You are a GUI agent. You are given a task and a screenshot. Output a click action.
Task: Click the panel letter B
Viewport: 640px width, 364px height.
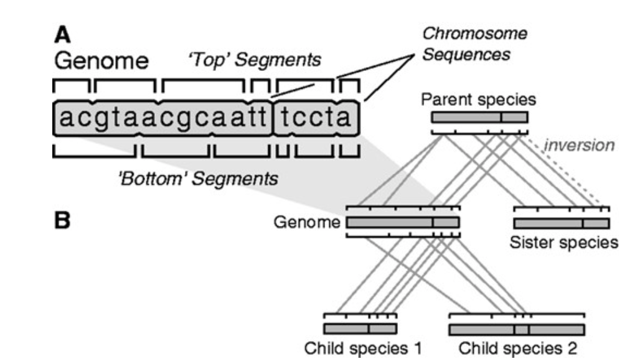click(62, 221)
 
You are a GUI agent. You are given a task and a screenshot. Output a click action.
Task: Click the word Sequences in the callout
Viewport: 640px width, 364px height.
click(466, 54)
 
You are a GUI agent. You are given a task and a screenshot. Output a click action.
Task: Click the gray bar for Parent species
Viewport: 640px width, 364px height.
click(479, 117)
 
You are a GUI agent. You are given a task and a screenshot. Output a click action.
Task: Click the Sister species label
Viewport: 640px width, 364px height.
click(563, 241)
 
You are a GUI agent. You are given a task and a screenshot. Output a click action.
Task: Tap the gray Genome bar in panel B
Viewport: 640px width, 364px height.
click(403, 222)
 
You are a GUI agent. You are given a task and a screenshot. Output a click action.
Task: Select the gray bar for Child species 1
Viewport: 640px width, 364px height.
click(360, 329)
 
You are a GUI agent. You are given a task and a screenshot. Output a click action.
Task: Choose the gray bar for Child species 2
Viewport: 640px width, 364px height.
click(517, 329)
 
